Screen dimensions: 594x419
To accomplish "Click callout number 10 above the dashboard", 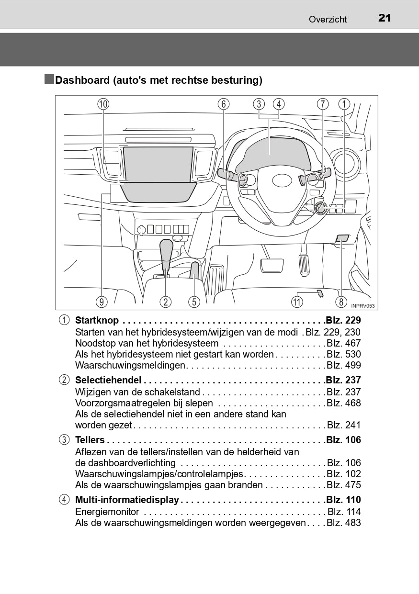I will point(103,104).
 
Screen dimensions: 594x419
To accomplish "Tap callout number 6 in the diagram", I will point(223,104).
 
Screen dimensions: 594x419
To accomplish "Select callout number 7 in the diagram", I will point(323,104).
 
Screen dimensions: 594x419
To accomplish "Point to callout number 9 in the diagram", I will point(101,302).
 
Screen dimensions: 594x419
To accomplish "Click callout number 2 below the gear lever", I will point(166,302).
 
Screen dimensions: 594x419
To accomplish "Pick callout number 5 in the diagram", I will point(194,302).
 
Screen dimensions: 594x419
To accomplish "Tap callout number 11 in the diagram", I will point(297,302).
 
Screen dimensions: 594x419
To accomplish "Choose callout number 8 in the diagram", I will point(341,302).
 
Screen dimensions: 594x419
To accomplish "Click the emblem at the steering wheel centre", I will point(282,180).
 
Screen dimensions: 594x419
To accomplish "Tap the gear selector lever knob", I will point(166,249).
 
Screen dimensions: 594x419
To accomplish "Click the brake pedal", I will point(272,265).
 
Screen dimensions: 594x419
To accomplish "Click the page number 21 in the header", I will point(385,18).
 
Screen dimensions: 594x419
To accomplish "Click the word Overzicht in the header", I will point(328,19).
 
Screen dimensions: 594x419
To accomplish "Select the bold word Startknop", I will point(97,320).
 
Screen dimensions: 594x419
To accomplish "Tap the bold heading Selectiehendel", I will point(108,380).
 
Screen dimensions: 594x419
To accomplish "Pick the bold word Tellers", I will point(90,440).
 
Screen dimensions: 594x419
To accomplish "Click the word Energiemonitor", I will point(107,512).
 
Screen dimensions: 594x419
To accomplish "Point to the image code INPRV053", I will point(362,306).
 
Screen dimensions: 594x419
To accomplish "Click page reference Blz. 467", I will point(344,343).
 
